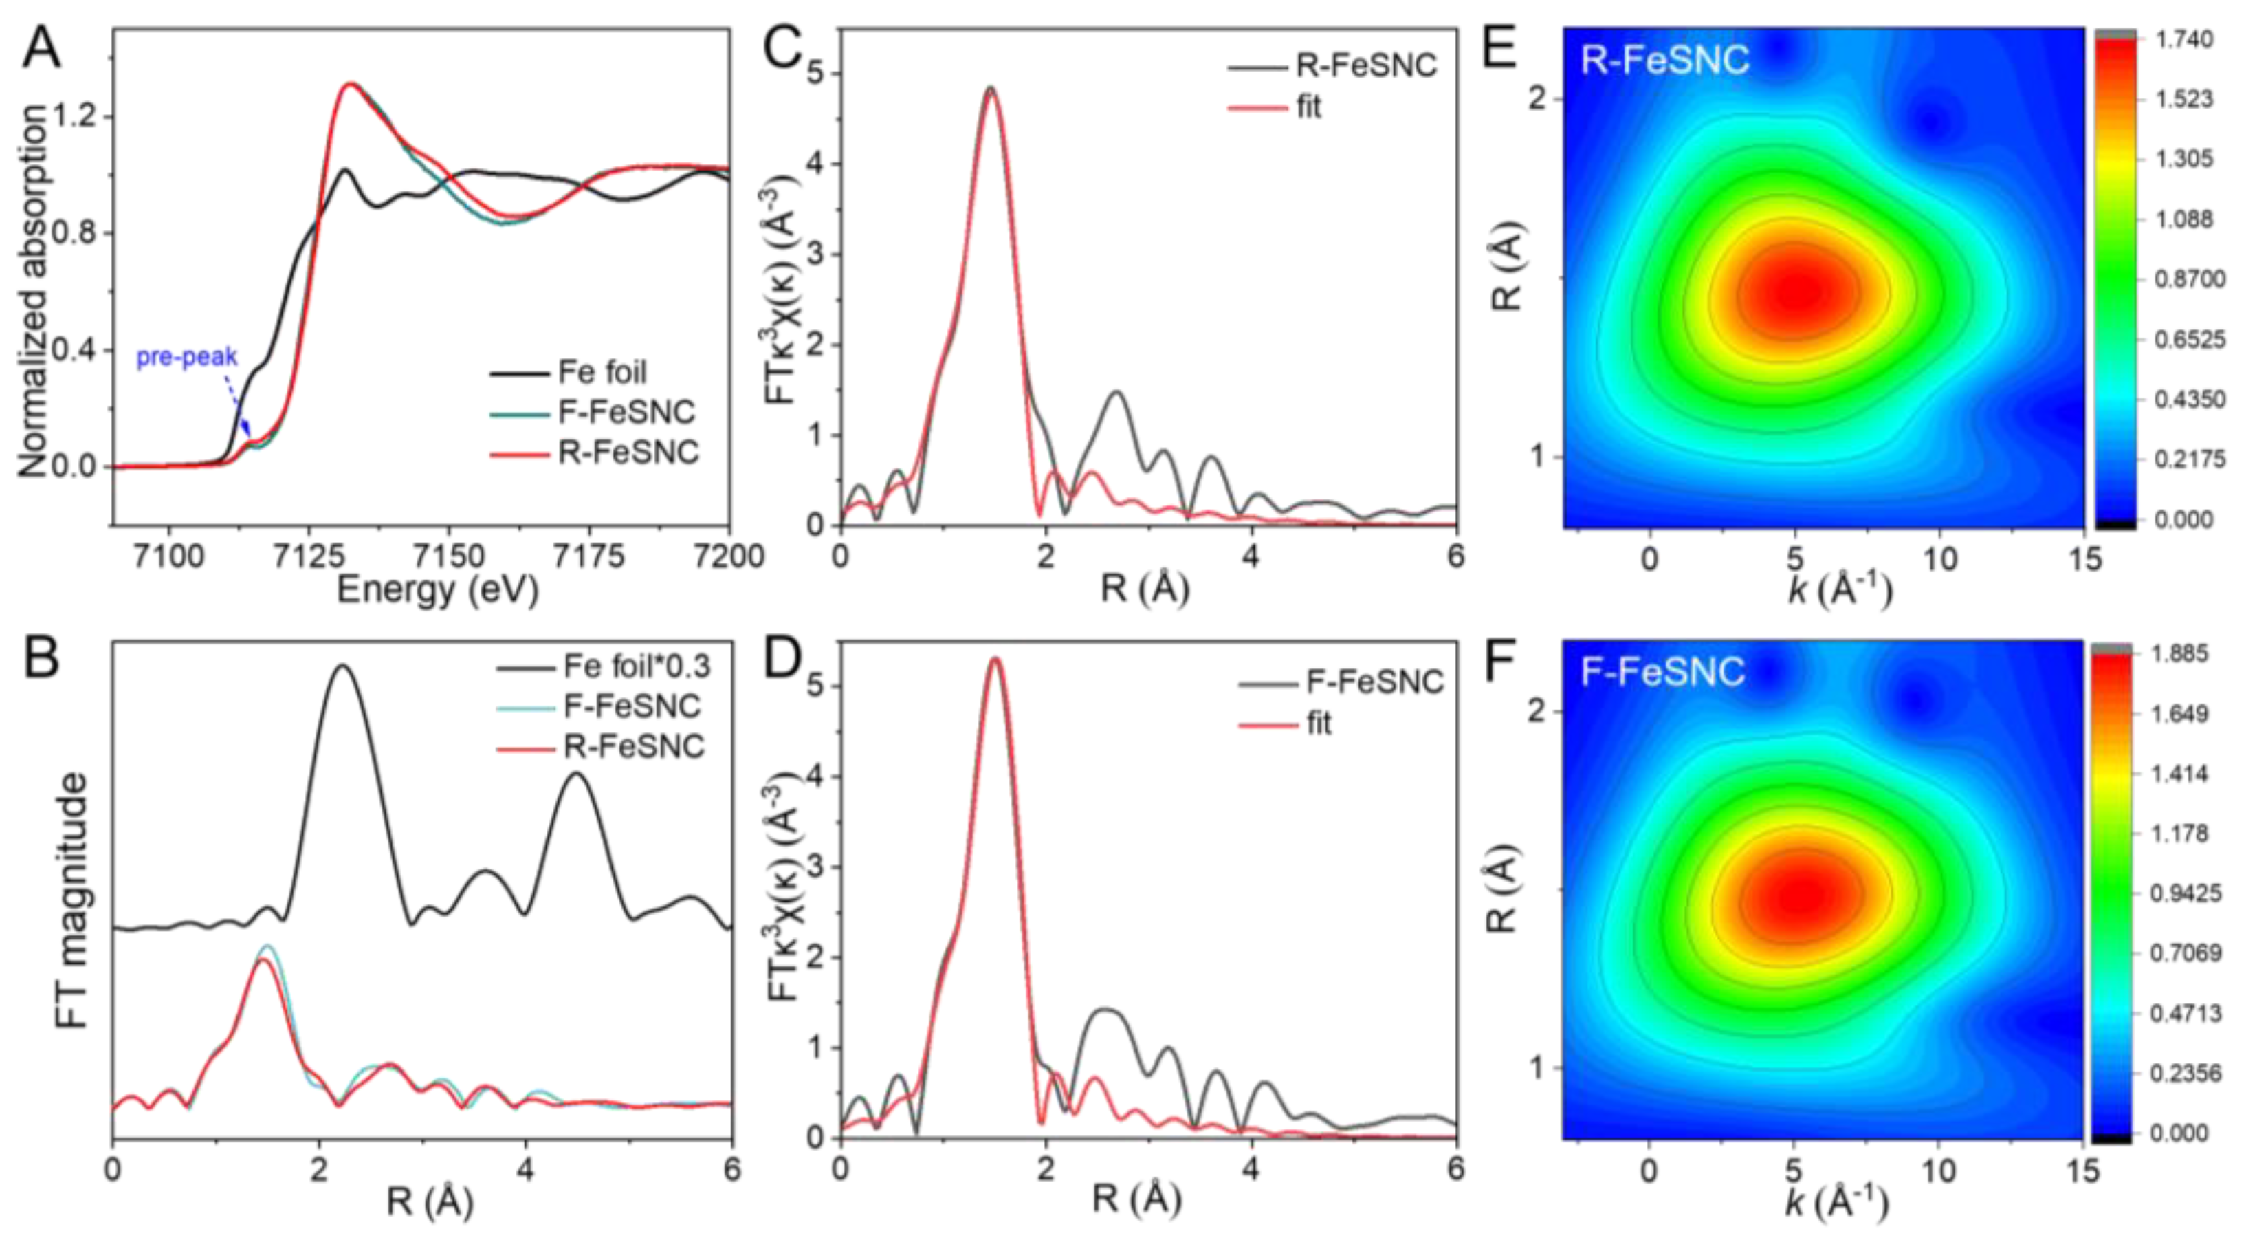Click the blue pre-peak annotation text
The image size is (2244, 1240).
tap(186, 357)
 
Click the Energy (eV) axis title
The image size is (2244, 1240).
tap(437, 591)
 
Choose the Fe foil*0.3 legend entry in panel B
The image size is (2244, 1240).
tap(636, 666)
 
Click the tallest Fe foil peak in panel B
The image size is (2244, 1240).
tap(342, 666)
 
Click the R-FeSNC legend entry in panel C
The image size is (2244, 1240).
tap(1366, 65)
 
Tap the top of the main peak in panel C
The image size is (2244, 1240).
tap(991, 88)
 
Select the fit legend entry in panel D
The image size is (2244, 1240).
tap(1319, 724)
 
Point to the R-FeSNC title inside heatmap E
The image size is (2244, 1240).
tap(1664, 60)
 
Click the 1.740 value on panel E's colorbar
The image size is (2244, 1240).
tap(2183, 40)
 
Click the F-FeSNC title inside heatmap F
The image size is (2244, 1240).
tap(1662, 672)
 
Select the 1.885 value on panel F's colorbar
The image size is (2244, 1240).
tap(2183, 653)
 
